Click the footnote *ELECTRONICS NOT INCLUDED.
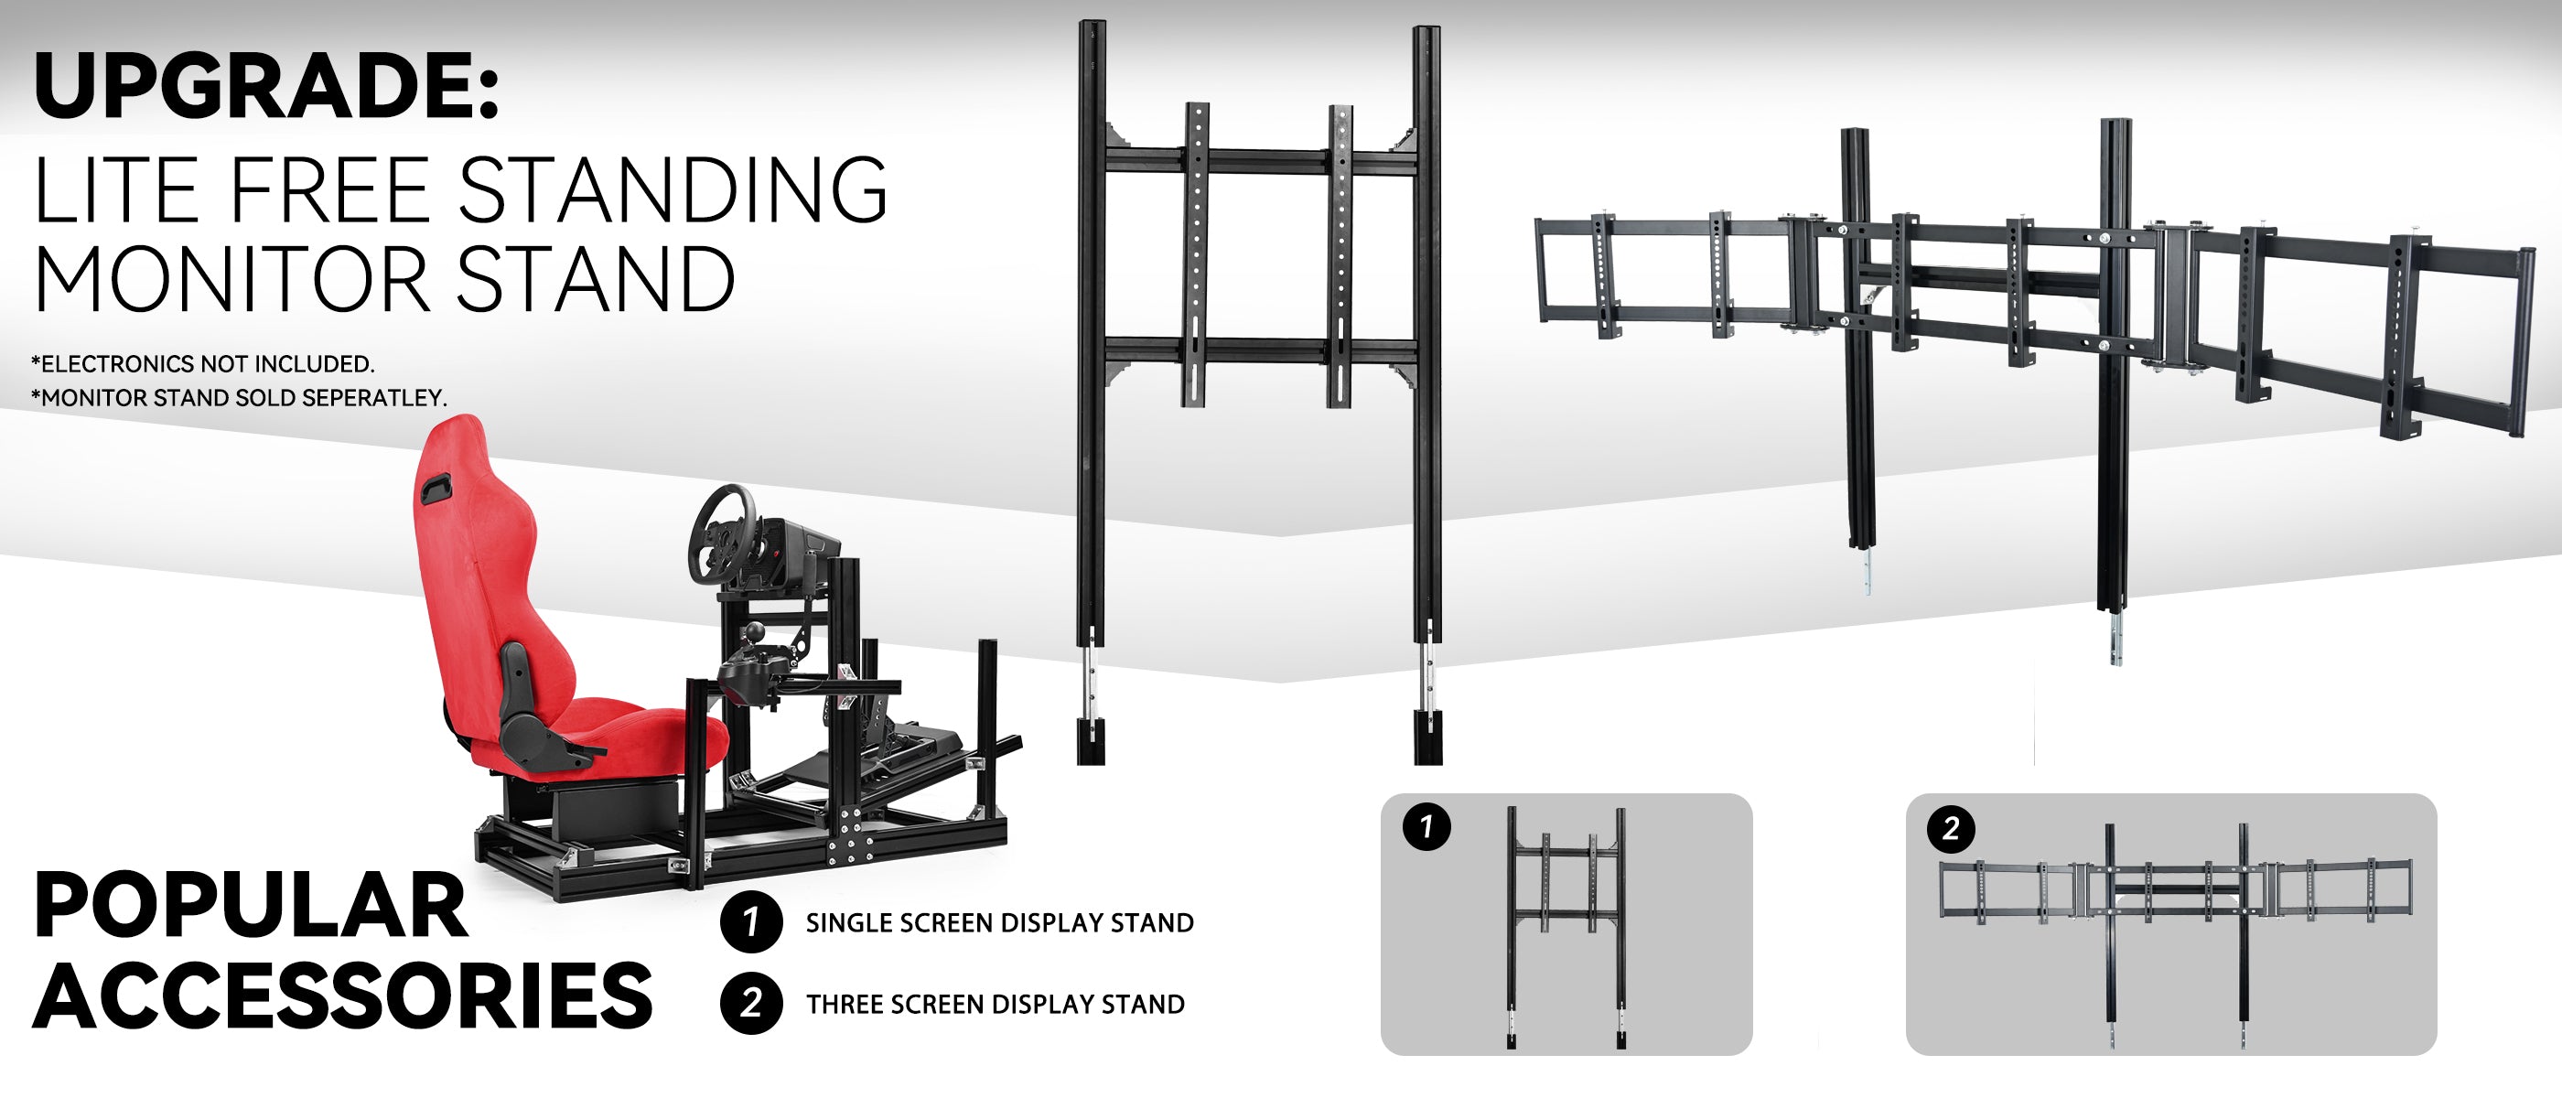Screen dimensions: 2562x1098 tap(203, 363)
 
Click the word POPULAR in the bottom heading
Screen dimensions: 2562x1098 tap(251, 905)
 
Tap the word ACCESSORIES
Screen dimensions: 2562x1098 tap(343, 996)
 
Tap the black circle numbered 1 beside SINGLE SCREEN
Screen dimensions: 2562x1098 tap(751, 922)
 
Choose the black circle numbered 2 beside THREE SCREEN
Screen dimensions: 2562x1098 tap(751, 1003)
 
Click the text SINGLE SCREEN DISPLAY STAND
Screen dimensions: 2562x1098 tap(999, 923)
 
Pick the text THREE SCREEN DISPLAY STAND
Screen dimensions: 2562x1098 tap(996, 1005)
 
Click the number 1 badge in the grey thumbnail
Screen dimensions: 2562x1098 tap(1426, 826)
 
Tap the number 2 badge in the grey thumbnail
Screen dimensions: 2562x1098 tap(1951, 828)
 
